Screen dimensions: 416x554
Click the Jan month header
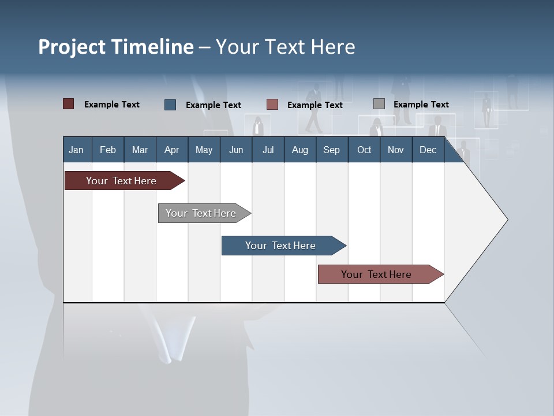(77, 150)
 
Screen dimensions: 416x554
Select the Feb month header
(108, 150)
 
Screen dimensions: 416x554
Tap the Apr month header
(172, 150)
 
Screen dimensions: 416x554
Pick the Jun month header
(236, 150)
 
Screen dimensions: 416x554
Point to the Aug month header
(300, 150)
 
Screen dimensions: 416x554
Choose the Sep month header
(332, 150)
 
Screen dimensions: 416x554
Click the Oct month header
(364, 150)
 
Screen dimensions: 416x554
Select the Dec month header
(428, 150)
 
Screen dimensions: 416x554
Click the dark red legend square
(69, 104)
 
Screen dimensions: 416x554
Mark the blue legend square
(170, 105)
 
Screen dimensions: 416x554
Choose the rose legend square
(272, 105)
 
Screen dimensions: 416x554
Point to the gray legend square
(379, 104)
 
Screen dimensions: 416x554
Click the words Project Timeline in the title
(116, 47)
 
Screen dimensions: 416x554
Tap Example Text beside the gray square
(421, 105)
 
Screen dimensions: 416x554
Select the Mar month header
(140, 150)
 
